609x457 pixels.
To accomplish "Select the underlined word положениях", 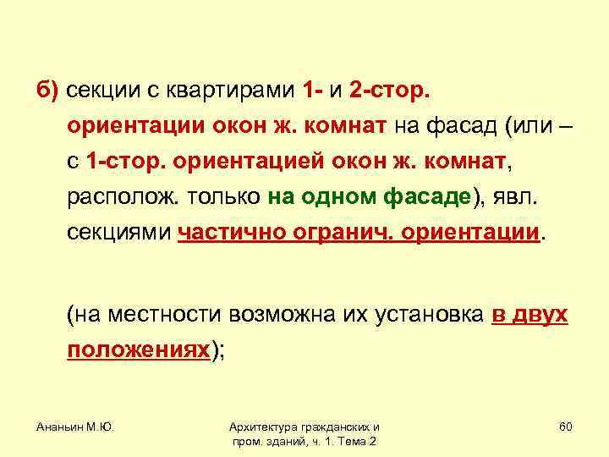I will point(139,351).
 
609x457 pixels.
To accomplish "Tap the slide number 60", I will point(565,426).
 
